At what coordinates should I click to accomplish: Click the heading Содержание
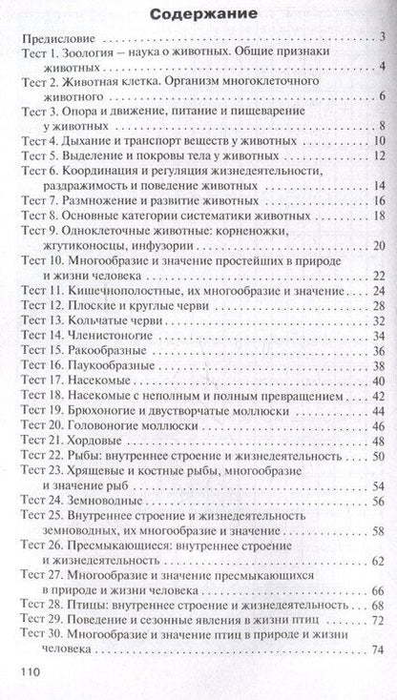pyautogui.click(x=199, y=15)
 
